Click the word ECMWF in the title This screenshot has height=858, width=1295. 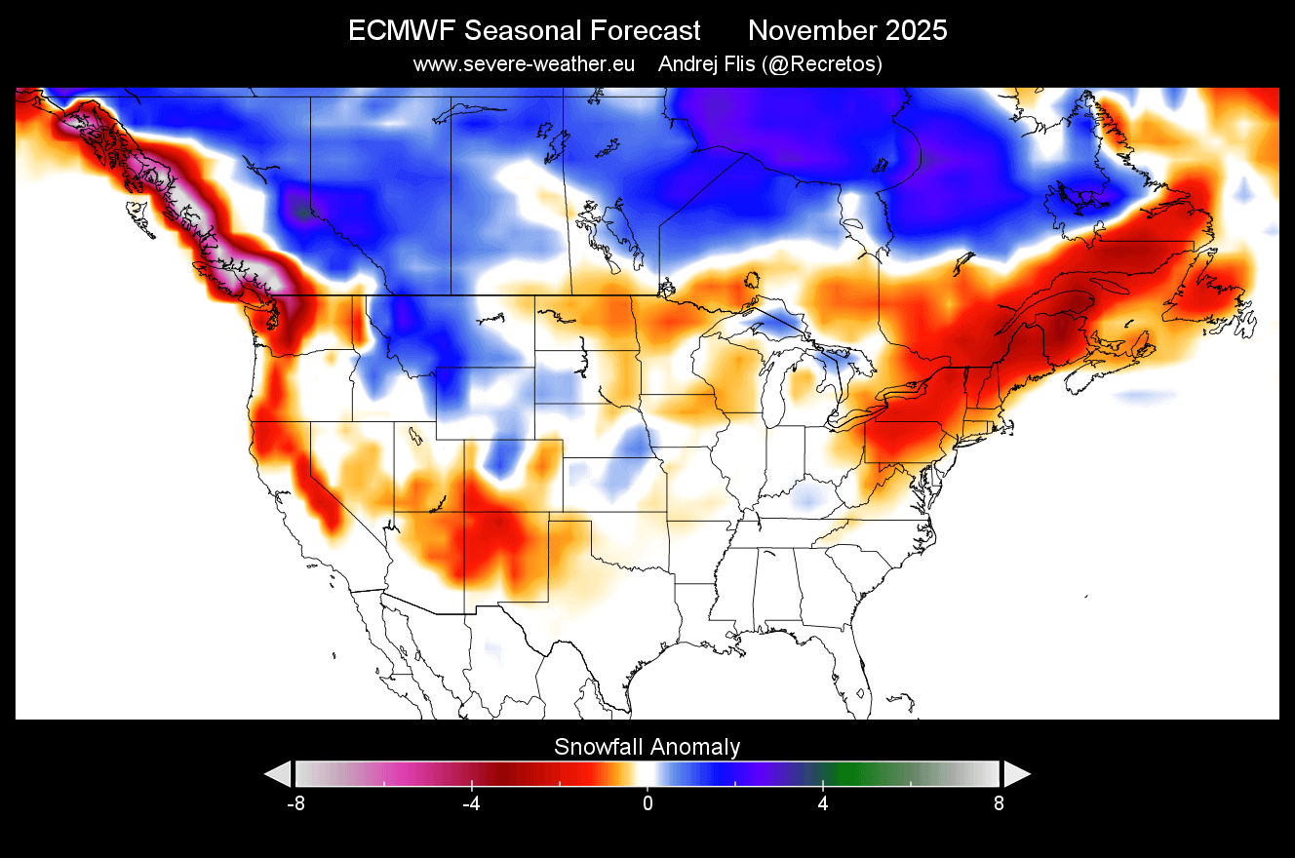(x=401, y=31)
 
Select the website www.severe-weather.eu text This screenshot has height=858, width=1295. (x=524, y=64)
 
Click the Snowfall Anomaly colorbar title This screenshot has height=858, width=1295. (x=647, y=747)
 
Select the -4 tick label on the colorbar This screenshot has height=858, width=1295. (x=472, y=804)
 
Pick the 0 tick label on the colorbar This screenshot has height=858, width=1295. (x=647, y=804)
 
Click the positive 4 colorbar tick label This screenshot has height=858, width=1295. (x=823, y=804)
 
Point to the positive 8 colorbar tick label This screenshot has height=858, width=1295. (x=998, y=804)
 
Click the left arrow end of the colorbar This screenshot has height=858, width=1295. (x=278, y=774)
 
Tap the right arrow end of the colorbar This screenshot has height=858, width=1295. (x=1017, y=774)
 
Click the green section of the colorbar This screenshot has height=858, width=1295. (x=858, y=774)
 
